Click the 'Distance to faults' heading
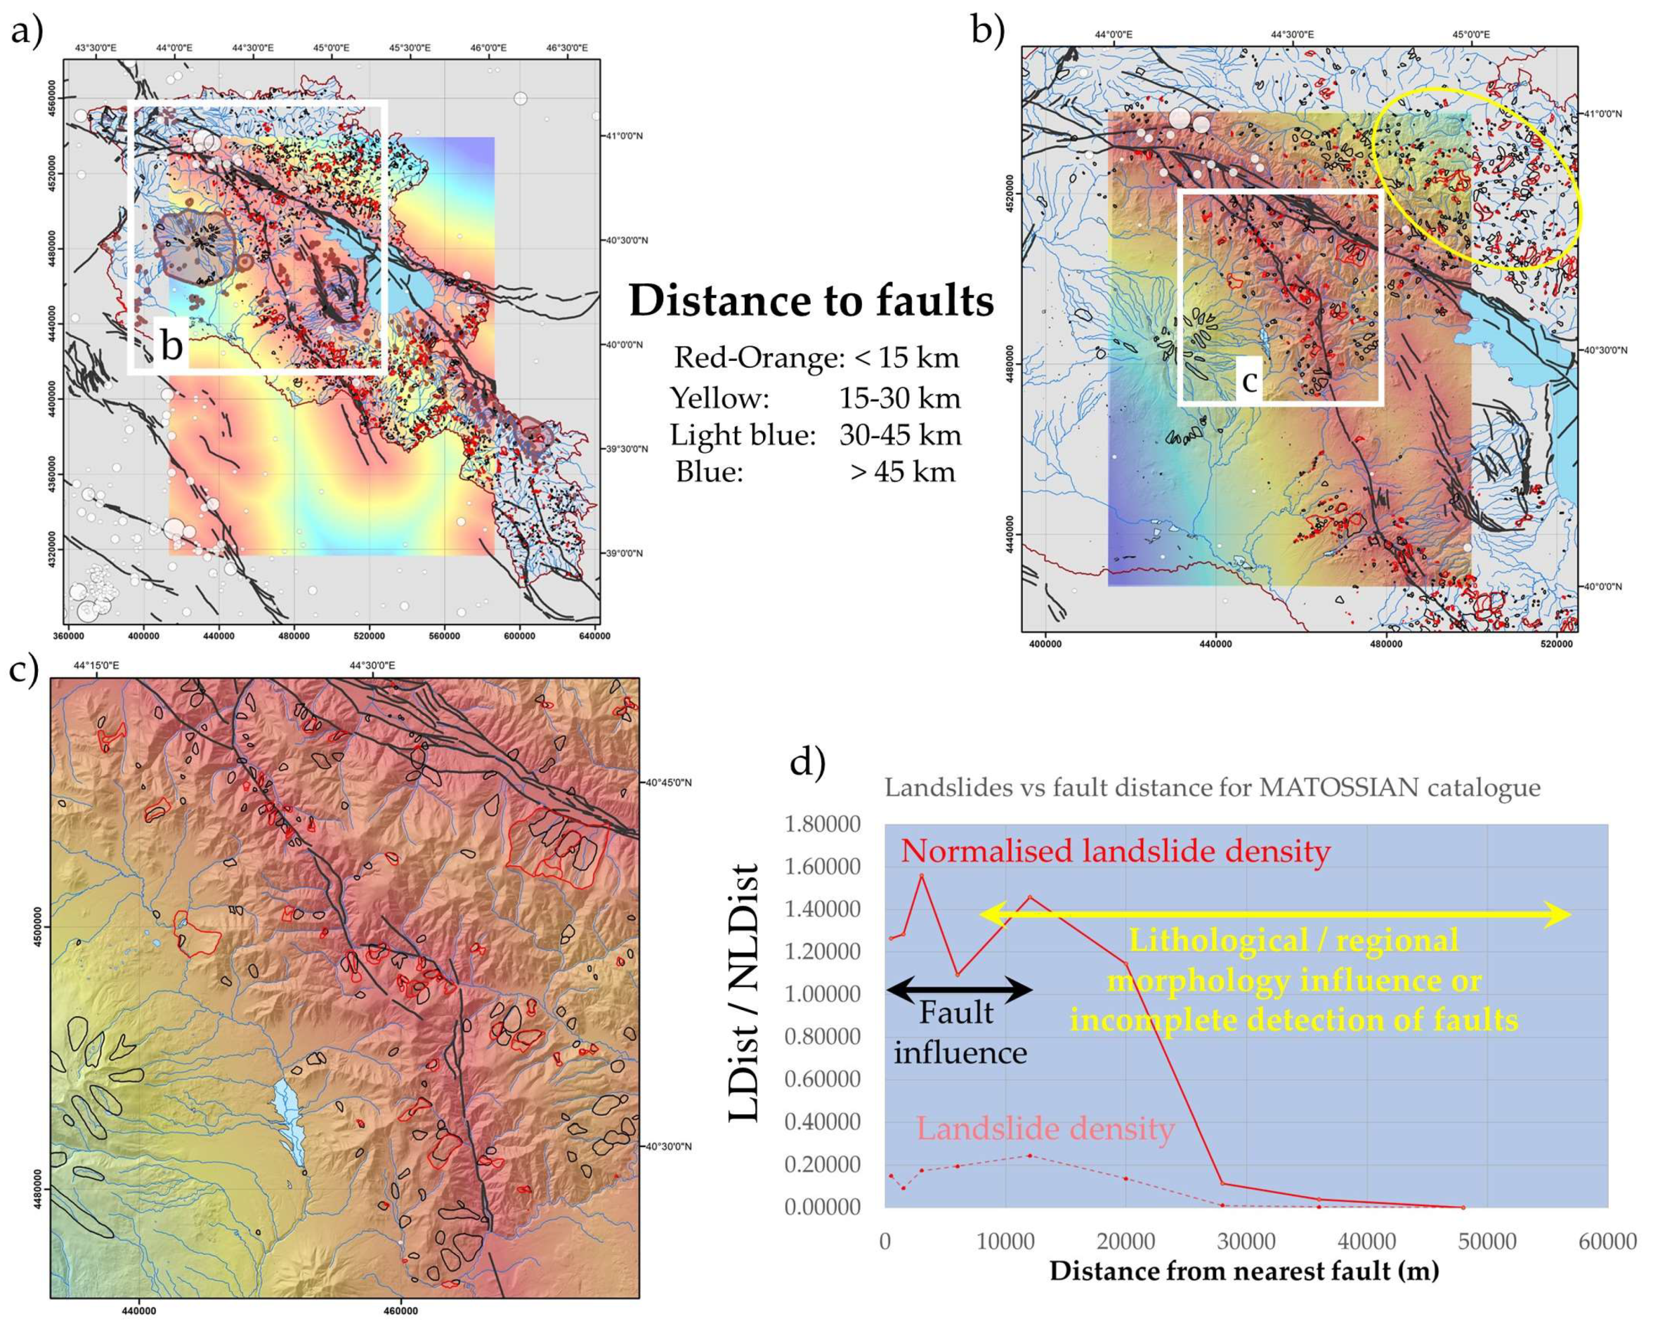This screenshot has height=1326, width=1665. tap(811, 301)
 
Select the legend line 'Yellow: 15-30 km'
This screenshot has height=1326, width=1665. tap(814, 399)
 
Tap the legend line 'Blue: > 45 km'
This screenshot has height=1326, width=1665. tap(814, 472)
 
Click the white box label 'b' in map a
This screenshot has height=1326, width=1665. tap(171, 345)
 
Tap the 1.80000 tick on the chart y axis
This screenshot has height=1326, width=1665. tap(823, 824)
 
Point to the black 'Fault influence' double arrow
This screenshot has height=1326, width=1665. tap(959, 989)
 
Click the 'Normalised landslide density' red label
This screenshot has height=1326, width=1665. tap(1115, 851)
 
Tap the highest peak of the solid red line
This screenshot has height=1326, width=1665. tap(921, 876)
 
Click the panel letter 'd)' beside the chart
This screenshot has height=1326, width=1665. tap(808, 763)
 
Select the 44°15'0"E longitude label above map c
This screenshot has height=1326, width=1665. tap(96, 665)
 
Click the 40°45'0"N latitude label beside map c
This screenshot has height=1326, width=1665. tap(668, 783)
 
